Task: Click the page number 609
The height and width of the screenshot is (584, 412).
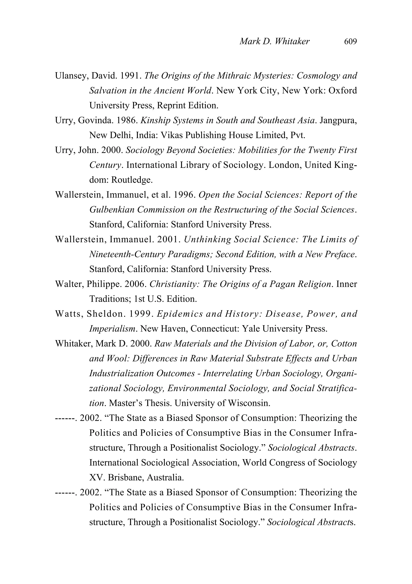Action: click(x=350, y=41)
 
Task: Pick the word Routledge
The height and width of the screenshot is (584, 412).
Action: click(x=132, y=180)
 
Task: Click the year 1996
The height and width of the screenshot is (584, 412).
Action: click(x=184, y=195)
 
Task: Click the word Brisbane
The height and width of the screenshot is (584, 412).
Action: click(x=123, y=478)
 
